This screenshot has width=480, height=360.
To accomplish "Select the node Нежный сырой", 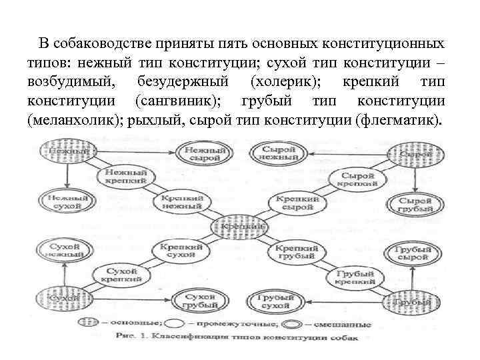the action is (204, 155).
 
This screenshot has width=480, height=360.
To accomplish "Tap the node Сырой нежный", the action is (279, 155).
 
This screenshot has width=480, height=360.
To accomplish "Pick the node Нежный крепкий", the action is (126, 175).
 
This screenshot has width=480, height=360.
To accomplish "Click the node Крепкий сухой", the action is (181, 251).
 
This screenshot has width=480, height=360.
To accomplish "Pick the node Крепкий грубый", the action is (295, 251).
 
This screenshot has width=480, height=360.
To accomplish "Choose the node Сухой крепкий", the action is (120, 275).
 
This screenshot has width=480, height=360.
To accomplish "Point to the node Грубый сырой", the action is (414, 252).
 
